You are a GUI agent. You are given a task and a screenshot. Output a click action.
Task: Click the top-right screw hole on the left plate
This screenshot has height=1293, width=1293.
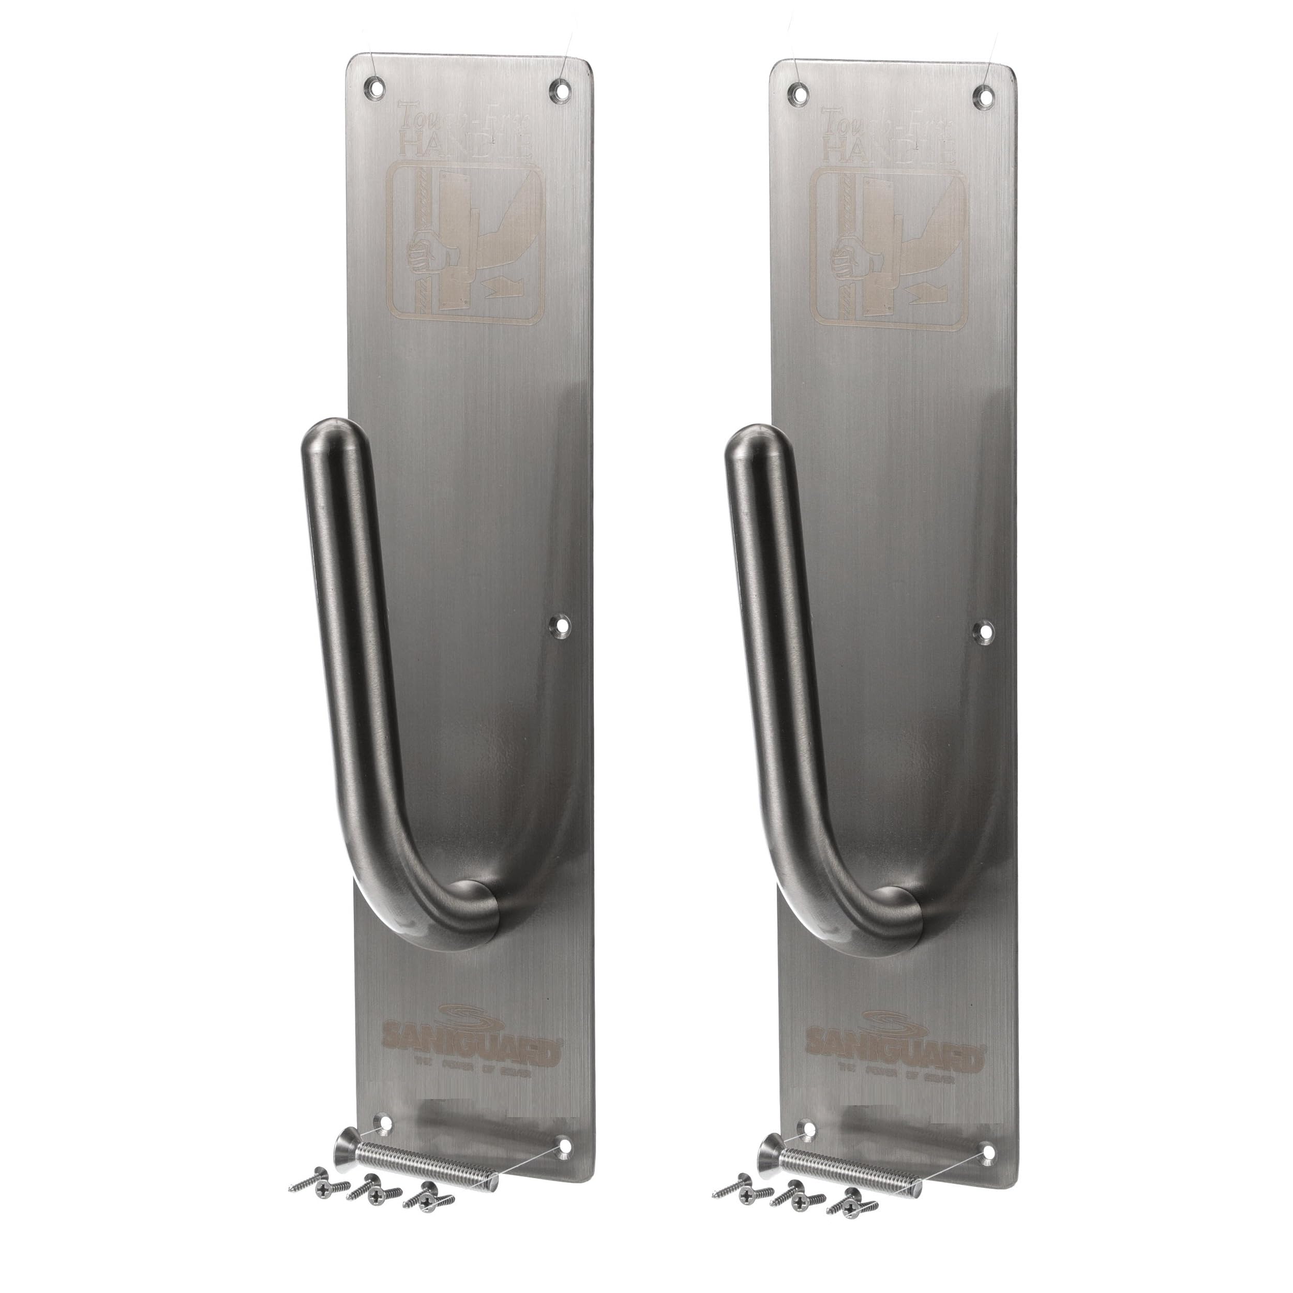[x=560, y=89]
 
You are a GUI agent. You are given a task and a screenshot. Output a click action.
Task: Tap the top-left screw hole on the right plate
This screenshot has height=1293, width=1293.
[x=798, y=94]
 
